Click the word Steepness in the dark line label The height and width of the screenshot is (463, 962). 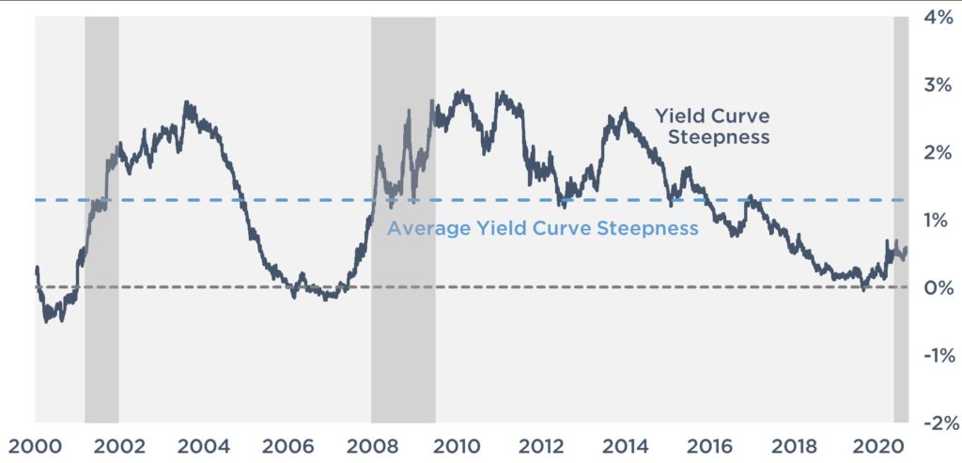725,138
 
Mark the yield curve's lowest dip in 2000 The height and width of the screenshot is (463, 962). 47,321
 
